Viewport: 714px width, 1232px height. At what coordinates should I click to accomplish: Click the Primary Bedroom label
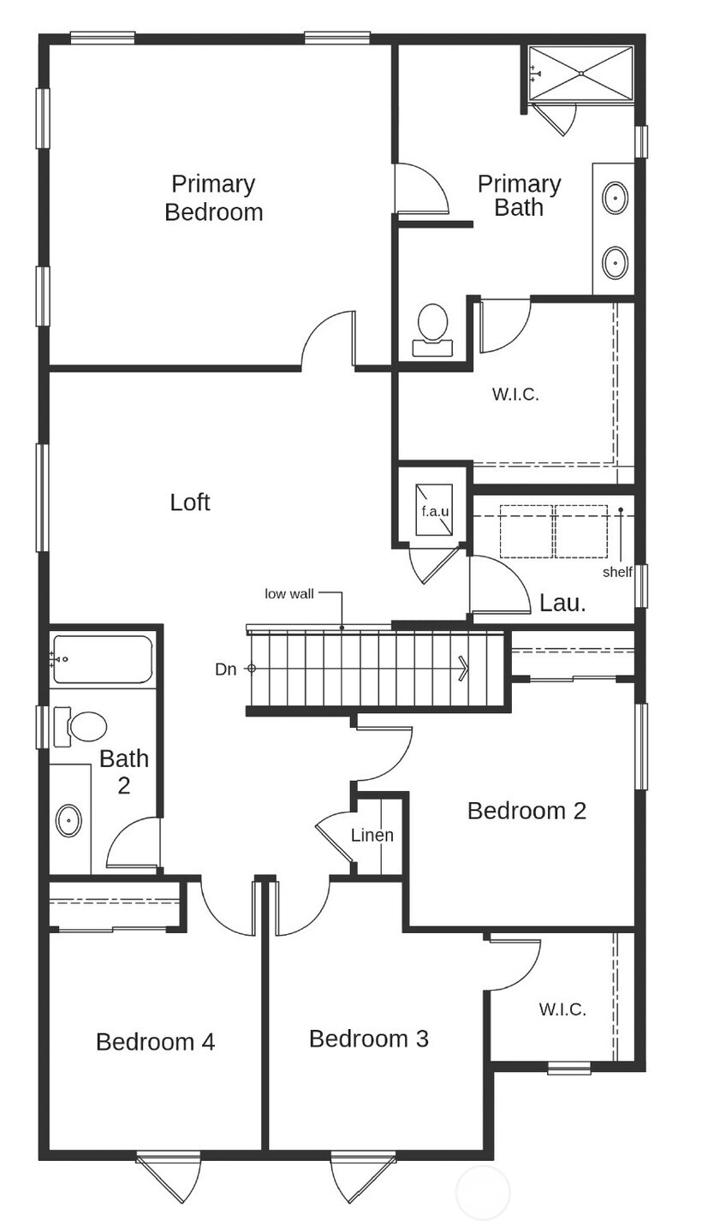213,198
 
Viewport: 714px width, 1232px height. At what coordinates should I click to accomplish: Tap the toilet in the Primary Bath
432,329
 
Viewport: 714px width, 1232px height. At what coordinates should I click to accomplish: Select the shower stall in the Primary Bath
580,74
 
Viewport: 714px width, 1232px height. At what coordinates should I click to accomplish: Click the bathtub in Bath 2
103,658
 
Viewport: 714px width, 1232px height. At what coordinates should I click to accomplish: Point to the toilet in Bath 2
82,727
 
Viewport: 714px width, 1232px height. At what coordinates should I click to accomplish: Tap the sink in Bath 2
68,820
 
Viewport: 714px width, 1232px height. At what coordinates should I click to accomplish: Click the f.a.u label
435,511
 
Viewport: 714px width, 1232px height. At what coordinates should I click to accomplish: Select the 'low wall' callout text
289,593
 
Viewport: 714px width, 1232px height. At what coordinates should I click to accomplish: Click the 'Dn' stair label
225,670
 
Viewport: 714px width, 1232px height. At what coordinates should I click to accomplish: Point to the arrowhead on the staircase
463,668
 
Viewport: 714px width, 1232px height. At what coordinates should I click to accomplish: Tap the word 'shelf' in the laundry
616,572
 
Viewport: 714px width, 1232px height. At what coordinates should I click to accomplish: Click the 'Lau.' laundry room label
562,603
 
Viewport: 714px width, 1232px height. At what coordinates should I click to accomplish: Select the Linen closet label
372,835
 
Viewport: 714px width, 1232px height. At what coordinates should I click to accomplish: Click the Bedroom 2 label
527,811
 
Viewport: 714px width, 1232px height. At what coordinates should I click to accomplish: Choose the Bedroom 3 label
368,1039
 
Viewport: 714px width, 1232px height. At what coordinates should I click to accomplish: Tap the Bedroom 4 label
155,1042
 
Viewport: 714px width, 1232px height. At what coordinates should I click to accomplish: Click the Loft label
189,503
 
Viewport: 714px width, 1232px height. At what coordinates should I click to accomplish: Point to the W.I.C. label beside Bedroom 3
562,1009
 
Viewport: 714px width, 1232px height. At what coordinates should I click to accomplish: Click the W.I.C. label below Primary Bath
515,395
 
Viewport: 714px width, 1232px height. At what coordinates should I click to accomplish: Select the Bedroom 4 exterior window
168,1158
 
